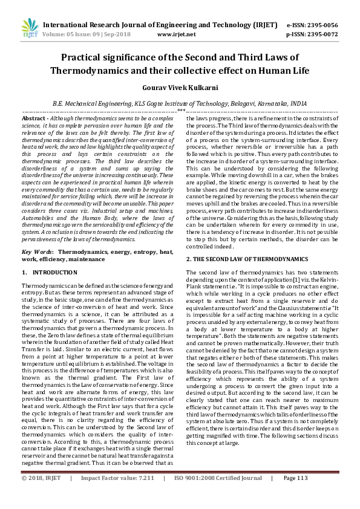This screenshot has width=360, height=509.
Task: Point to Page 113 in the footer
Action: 296,495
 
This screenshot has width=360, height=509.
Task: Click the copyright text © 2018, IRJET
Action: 42,495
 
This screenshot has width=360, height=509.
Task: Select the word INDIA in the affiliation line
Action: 297,103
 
